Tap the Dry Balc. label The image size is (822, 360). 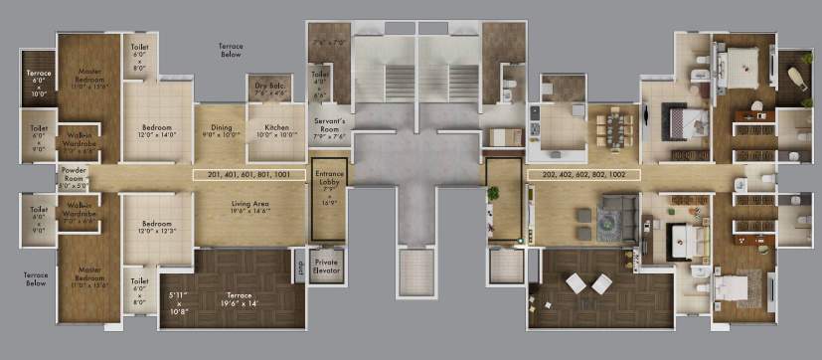tap(270, 90)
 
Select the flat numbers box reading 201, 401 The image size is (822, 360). tap(248, 173)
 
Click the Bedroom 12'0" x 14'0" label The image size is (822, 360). tap(157, 130)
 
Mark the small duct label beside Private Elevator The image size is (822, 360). tap(300, 266)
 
